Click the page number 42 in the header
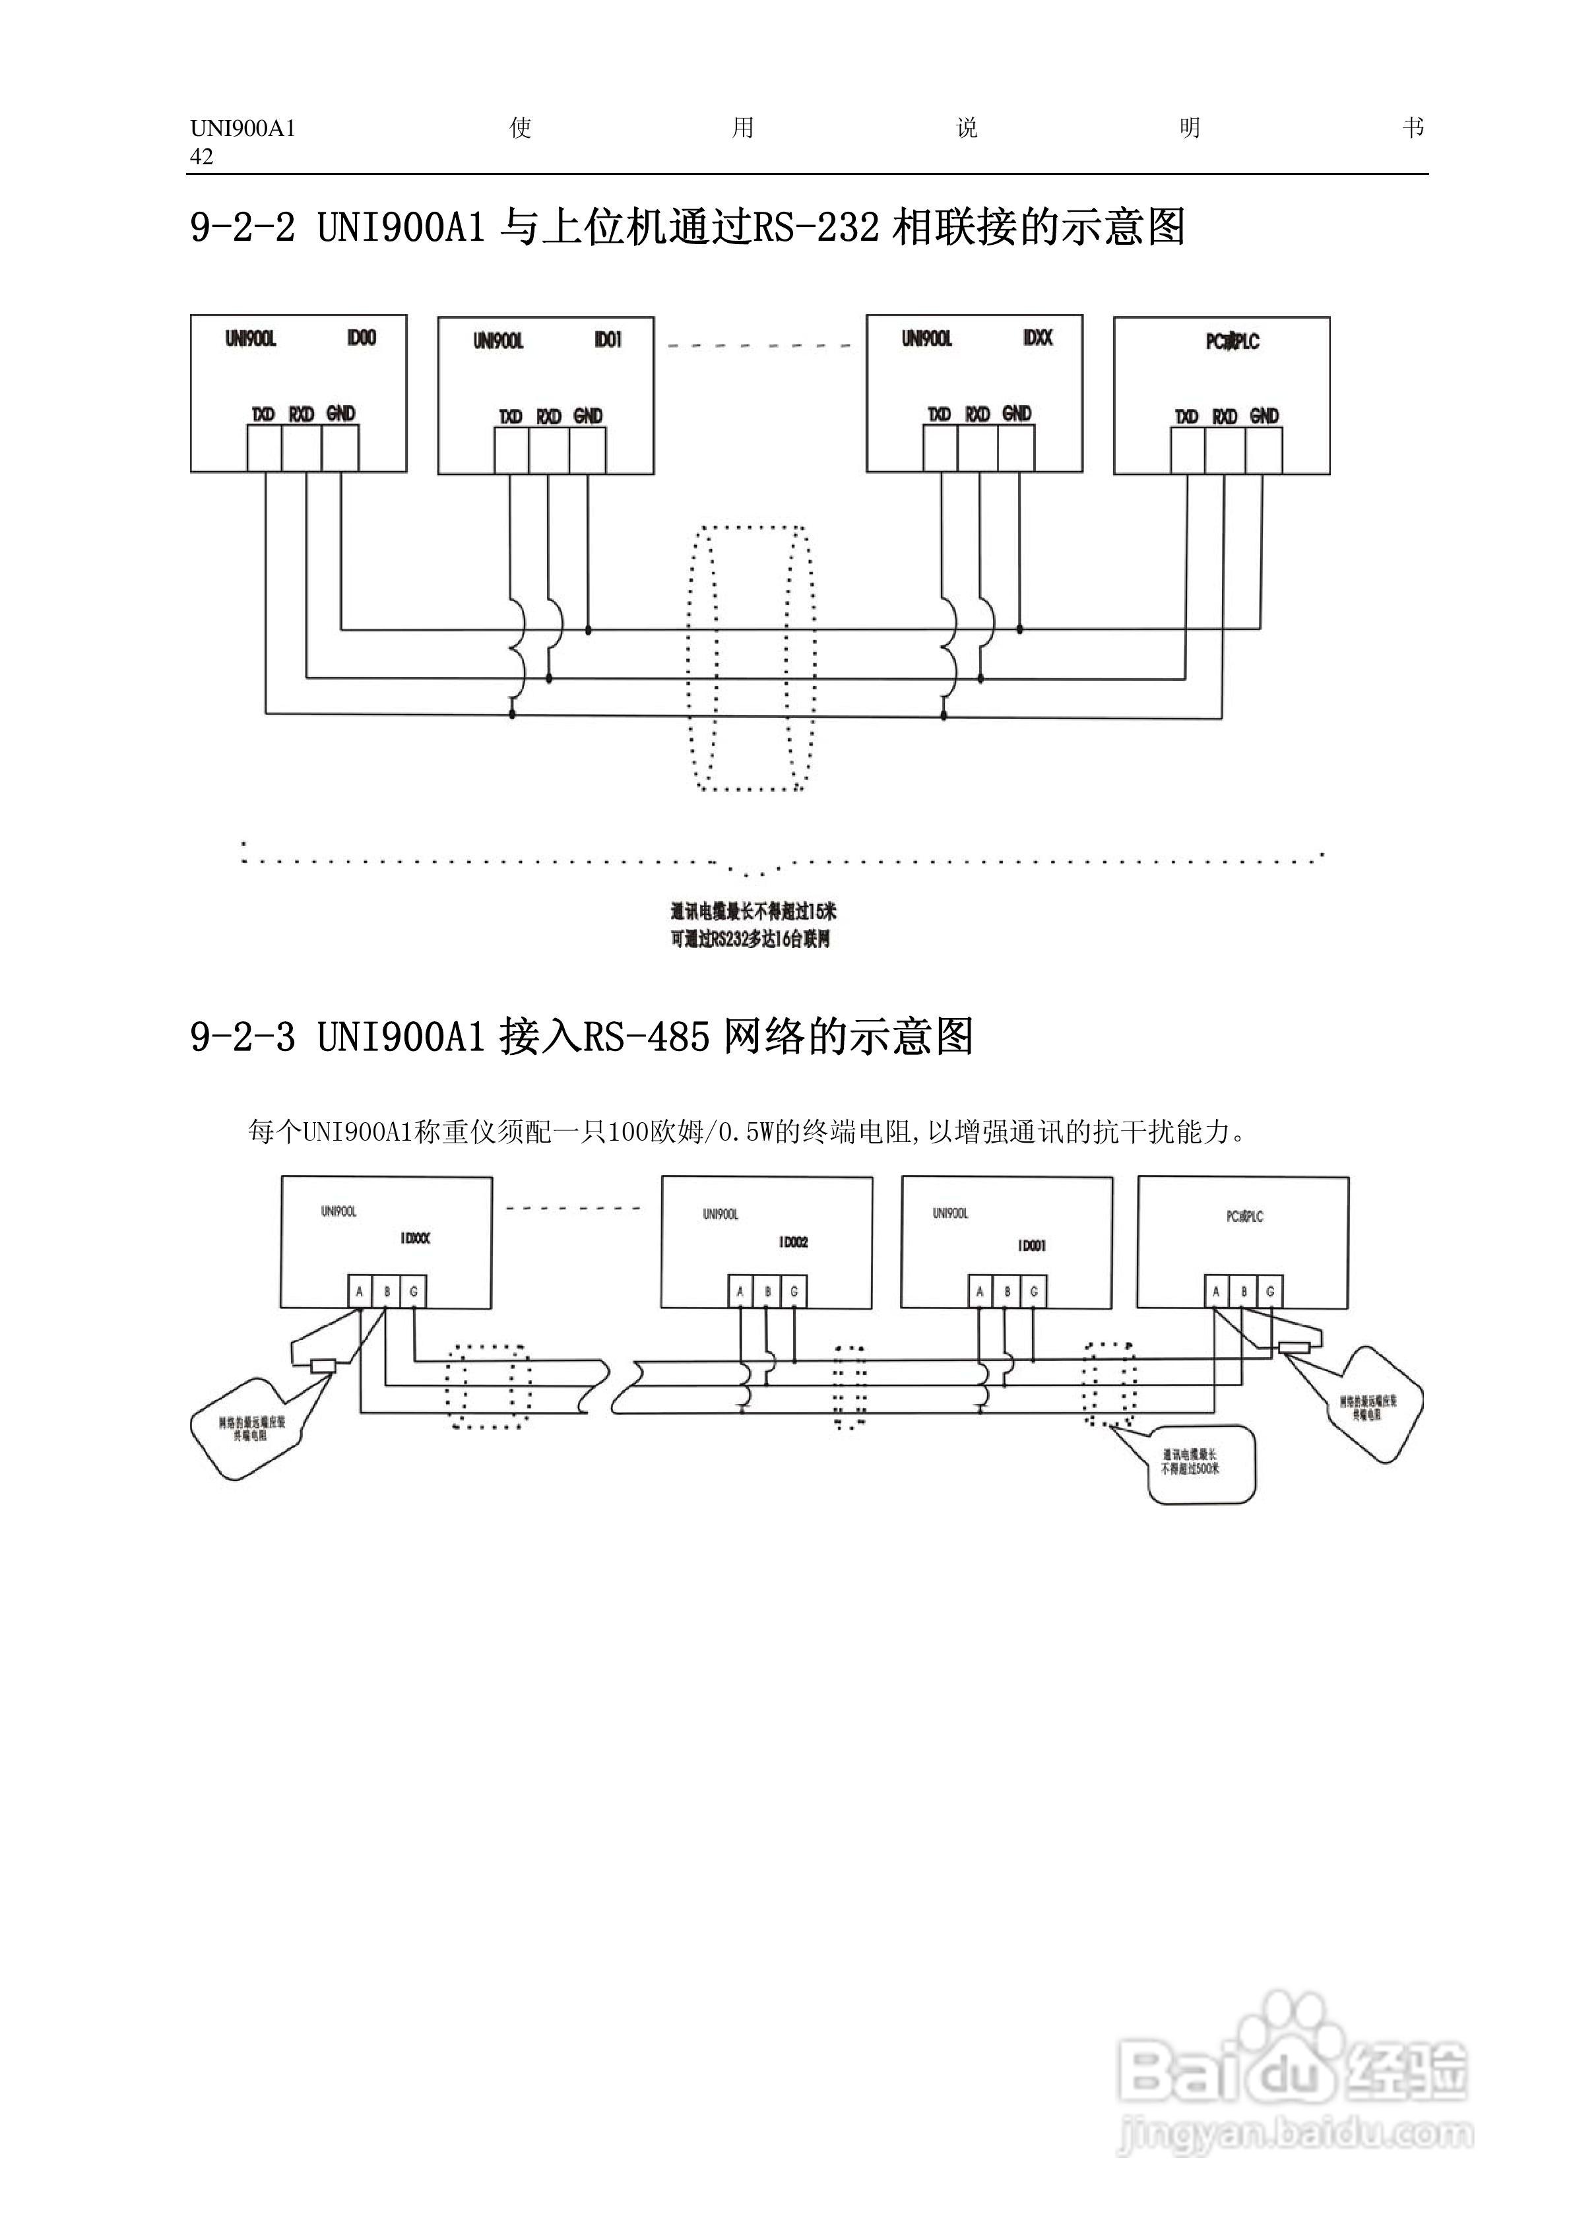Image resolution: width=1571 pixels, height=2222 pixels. (x=201, y=157)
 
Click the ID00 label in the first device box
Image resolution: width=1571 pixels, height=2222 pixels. (x=361, y=338)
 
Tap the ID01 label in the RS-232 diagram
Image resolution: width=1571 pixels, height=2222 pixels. (x=608, y=340)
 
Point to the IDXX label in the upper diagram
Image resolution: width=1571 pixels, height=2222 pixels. (x=1037, y=338)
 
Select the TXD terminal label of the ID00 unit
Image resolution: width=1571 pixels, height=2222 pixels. (x=263, y=414)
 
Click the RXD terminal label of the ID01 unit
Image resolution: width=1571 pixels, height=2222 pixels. (x=549, y=416)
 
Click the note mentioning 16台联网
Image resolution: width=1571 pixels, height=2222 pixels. (x=750, y=939)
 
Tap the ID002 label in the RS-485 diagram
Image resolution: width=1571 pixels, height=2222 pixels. (x=793, y=1242)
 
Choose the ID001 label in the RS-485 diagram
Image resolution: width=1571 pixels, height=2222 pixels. (x=1031, y=1246)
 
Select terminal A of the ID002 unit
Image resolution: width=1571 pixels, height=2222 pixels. (x=740, y=1292)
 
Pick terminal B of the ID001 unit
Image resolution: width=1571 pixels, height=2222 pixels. (x=1007, y=1292)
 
